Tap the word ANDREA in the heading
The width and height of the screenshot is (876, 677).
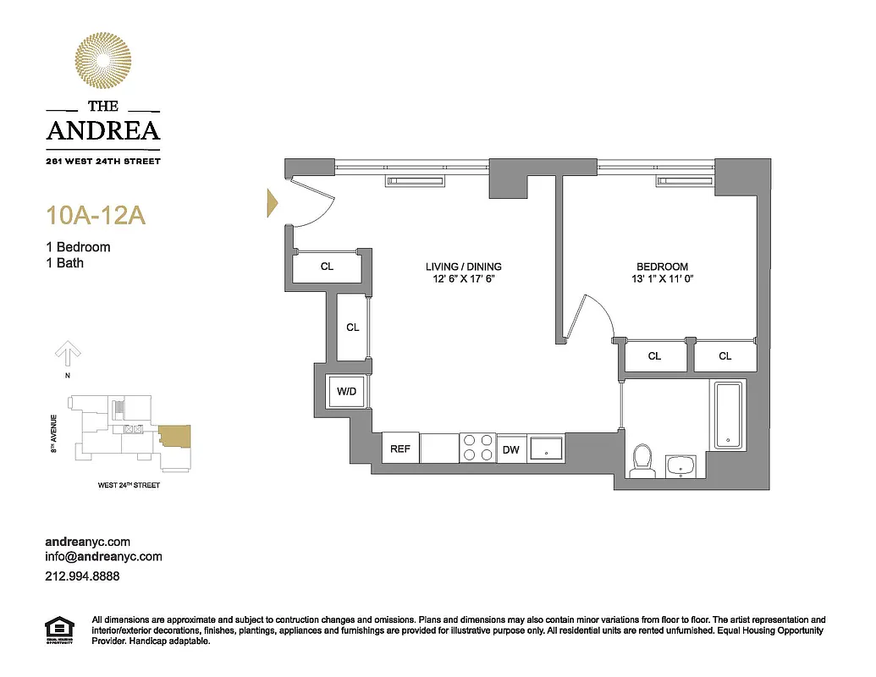(x=102, y=130)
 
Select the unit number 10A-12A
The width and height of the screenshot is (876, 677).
(x=96, y=216)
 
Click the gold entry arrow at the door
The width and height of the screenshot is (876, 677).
(x=273, y=202)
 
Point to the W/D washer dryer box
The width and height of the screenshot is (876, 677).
(x=345, y=392)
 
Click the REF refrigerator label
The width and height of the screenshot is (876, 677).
(x=399, y=449)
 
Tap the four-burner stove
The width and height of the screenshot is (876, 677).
(x=477, y=448)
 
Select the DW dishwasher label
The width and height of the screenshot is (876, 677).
(x=510, y=449)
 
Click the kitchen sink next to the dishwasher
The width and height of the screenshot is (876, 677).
(x=547, y=448)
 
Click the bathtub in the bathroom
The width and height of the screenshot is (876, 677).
(x=728, y=416)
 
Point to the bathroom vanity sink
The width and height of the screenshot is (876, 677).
(x=680, y=465)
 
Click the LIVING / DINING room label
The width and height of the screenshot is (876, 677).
(x=463, y=267)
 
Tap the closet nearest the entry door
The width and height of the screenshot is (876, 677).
(x=327, y=267)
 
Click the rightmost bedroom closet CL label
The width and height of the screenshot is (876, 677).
(x=724, y=356)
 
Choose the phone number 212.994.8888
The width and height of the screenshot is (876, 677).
(x=81, y=575)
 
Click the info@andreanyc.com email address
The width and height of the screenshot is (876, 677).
(x=102, y=557)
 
